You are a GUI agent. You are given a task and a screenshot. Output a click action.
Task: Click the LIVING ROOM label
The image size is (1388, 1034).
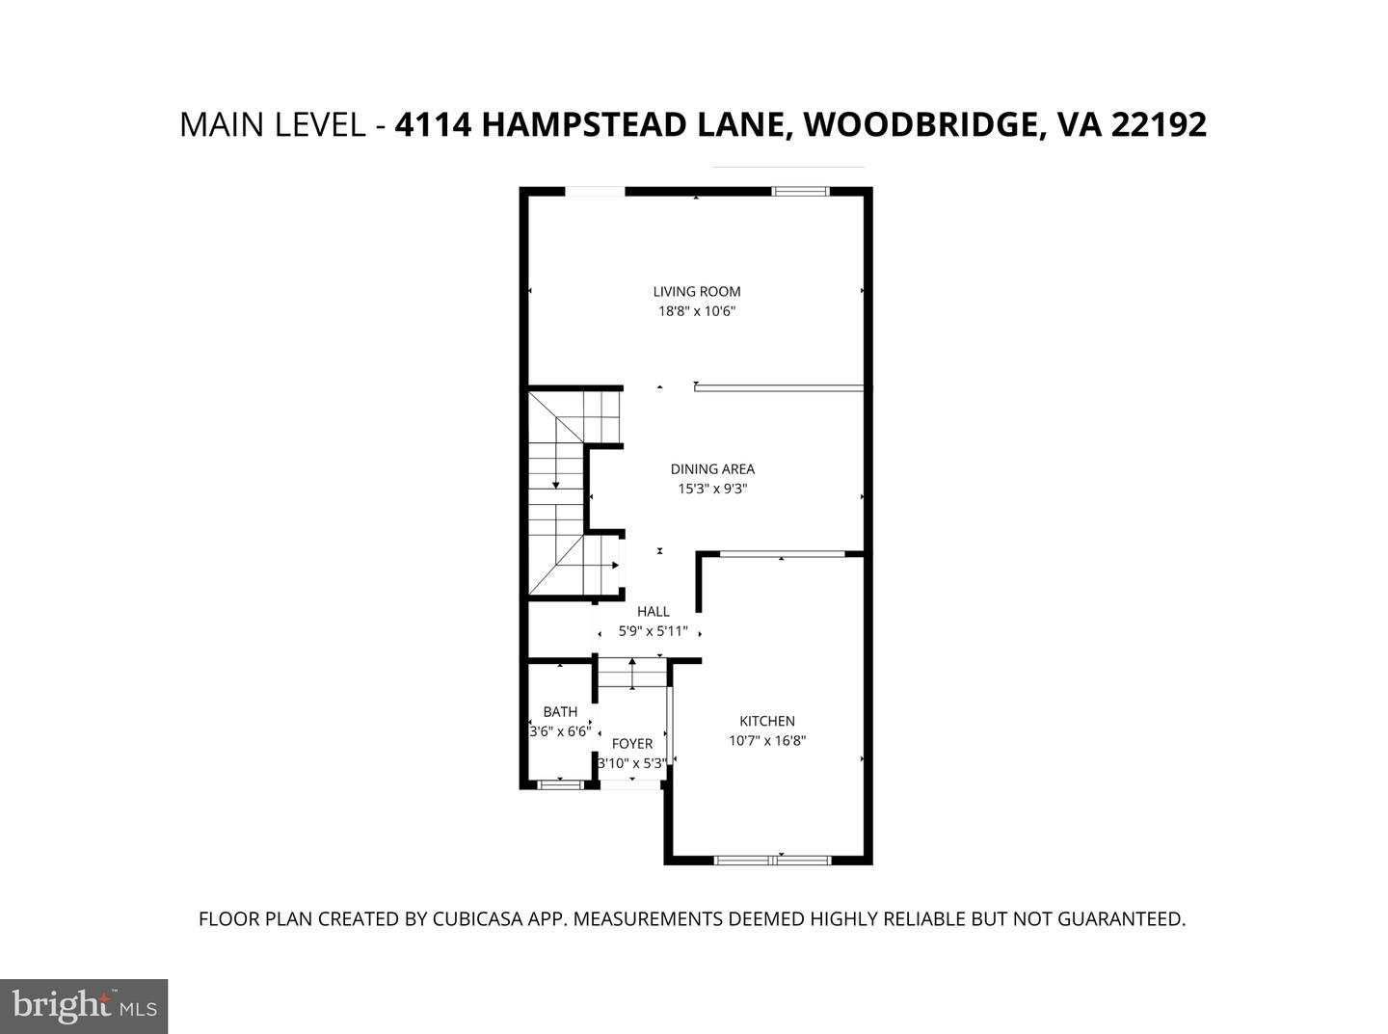tap(696, 291)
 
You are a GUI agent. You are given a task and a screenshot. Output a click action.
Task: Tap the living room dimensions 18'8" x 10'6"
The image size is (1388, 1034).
tap(696, 311)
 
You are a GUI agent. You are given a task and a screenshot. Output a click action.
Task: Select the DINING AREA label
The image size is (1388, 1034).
tap(712, 469)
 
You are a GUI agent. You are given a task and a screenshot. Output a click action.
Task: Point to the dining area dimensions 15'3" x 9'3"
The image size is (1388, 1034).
tap(712, 489)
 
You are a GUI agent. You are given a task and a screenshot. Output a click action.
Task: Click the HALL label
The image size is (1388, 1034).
tap(653, 611)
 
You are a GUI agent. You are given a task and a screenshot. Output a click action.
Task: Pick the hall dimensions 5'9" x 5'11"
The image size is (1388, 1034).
tap(653, 631)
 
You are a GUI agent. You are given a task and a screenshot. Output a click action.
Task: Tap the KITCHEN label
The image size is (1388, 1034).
tap(766, 721)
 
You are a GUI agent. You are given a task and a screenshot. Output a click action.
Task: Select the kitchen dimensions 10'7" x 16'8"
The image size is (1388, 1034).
tap(766, 741)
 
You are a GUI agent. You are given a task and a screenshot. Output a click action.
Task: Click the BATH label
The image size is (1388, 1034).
tap(560, 712)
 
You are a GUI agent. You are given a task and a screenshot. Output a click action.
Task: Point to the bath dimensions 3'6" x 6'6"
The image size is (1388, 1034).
tap(560, 731)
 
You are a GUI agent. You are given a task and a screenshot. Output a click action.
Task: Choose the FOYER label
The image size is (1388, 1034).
tap(632, 743)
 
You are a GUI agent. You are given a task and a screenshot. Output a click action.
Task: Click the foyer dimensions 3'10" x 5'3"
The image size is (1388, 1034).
tap(632, 763)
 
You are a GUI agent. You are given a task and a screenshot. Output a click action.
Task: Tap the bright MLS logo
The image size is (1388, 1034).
tap(84, 1006)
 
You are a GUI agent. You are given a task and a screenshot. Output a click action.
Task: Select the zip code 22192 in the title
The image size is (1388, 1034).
tap(1159, 125)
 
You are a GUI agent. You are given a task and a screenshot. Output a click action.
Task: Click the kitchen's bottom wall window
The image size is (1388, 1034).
tap(772, 860)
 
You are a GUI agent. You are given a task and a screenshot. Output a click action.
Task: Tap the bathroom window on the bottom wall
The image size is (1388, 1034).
tap(560, 784)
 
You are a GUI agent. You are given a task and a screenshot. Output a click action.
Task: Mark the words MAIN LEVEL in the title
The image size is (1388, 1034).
tap(271, 125)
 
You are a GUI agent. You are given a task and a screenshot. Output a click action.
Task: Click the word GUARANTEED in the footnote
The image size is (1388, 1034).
tap(1121, 919)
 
